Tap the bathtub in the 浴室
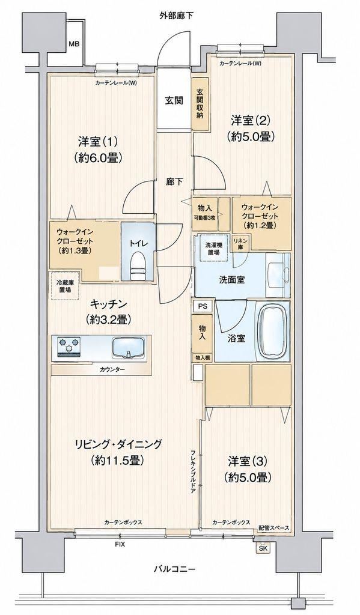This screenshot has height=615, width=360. (273, 333)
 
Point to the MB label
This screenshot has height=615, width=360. (74, 44)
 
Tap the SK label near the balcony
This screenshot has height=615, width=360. (263, 548)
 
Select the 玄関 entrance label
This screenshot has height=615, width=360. (174, 100)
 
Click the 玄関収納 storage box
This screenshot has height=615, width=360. (200, 103)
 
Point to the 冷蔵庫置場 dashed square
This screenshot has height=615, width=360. (65, 285)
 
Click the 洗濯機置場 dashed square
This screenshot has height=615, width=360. (213, 248)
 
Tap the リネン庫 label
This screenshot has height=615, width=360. (239, 243)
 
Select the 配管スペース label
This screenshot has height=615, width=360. (274, 528)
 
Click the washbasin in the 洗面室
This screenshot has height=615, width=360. (278, 274)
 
